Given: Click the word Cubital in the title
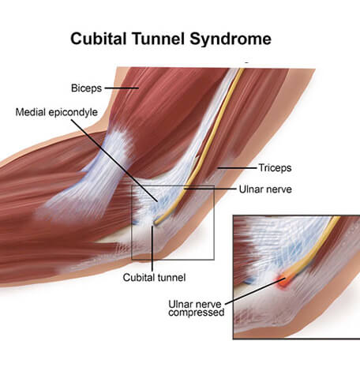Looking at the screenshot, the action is tap(98, 39).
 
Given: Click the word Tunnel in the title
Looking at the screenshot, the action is tap(158, 39).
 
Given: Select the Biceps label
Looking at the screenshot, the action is tap(86, 88).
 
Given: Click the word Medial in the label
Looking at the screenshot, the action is tap(31, 112).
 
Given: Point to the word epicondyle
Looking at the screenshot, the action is tap(73, 113).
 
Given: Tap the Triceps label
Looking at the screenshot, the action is tap(275, 168).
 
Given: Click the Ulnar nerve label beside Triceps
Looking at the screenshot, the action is tap(265, 189).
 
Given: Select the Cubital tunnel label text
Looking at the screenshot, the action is tap(154, 277).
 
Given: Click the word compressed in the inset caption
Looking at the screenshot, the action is tap(197, 313).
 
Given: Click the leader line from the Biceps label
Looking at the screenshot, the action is tap(122, 88).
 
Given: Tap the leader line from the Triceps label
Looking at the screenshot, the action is tap(237, 167).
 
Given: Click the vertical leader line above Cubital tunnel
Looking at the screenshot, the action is tap(152, 249).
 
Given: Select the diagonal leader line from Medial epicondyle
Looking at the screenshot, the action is tap(114, 161).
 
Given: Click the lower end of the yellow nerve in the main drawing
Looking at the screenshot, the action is tap(156, 223).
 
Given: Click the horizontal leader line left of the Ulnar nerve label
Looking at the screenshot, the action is tap(210, 189).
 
